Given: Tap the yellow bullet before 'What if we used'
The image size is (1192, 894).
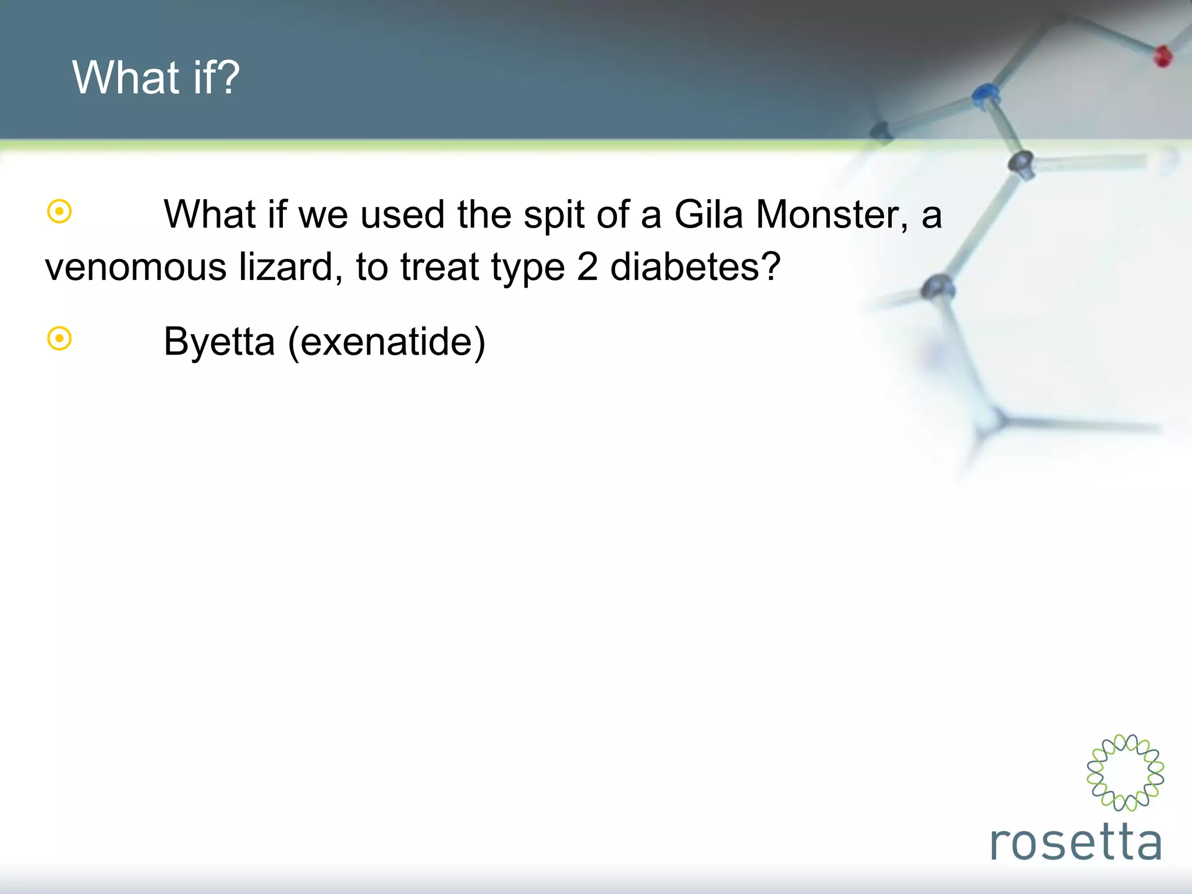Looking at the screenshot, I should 59,211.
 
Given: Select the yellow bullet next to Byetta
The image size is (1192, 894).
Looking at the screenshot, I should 59,338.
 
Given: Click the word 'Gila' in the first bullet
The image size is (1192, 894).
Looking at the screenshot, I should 708,214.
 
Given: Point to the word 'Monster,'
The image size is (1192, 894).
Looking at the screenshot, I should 832,214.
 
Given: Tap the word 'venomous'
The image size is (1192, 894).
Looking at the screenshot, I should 136,267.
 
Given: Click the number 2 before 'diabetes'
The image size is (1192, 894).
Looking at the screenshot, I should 587,267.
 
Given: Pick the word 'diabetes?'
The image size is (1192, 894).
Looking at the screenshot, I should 695,267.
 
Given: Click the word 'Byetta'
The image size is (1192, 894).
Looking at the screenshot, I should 219,342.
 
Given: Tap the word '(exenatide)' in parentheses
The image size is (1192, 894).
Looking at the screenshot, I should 386,342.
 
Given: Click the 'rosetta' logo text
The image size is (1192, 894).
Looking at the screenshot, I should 1076,842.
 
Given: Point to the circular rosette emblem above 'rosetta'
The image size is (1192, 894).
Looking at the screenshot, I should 1125,772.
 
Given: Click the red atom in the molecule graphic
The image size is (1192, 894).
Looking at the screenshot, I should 1162,56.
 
